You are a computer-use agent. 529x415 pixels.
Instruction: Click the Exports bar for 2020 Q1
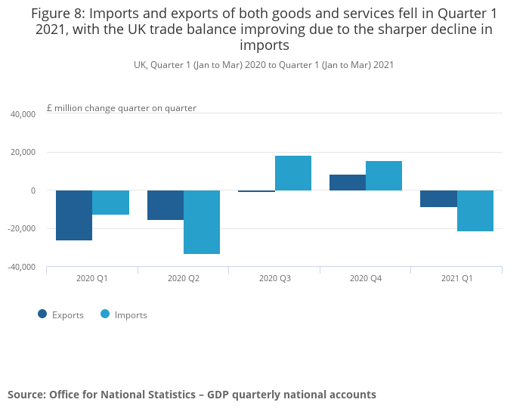74,215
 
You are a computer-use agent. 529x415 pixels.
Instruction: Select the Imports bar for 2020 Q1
110,203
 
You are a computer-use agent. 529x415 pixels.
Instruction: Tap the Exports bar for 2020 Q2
166,205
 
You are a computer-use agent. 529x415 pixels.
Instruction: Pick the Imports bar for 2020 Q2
202,222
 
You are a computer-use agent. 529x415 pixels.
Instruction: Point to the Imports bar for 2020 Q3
293,173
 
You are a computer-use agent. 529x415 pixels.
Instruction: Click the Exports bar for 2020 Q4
348,182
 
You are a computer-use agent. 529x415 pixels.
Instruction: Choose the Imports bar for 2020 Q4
384,175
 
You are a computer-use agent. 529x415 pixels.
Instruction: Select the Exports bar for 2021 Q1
439,198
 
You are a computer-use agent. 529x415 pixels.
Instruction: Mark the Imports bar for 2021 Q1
475,211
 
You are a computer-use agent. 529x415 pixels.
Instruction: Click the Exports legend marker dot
42,314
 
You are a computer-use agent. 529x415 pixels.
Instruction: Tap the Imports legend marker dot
105,314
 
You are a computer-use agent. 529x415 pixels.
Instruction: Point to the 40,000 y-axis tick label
23,114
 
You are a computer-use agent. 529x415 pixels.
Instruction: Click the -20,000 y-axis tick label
22,229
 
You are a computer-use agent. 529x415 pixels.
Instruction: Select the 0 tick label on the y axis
33,190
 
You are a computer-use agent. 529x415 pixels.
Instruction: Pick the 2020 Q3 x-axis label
274,278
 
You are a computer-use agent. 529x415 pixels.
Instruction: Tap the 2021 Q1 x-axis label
456,278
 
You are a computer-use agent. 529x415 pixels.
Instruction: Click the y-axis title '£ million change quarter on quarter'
122,108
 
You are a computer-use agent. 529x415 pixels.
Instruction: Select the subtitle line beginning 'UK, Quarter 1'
264,65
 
